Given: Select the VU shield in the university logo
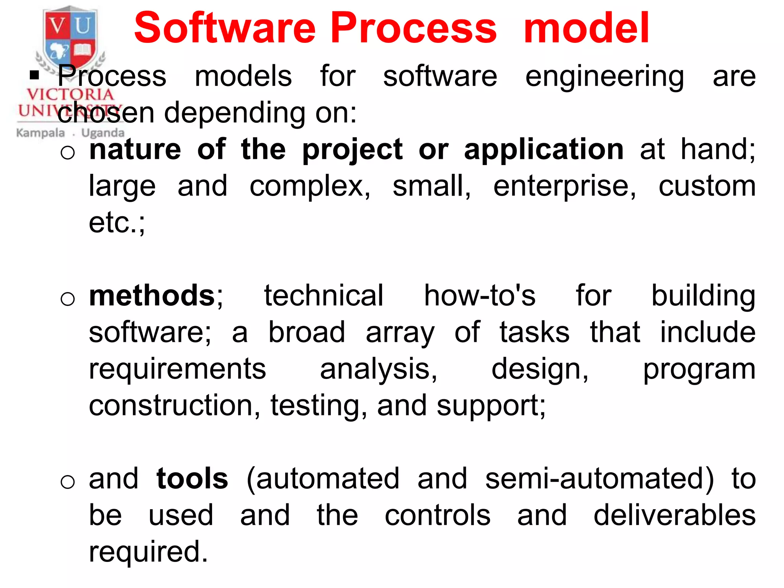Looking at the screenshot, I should point(70,38).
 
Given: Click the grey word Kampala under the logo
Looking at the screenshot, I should point(41,133).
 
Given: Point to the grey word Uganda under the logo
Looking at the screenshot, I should point(103,133).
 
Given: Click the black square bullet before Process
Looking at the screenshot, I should point(34,75).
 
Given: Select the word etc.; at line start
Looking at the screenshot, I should point(117,223).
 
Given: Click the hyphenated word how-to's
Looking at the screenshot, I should point(480,296).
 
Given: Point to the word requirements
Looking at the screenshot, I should point(177,370).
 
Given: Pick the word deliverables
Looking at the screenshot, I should point(675,515).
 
